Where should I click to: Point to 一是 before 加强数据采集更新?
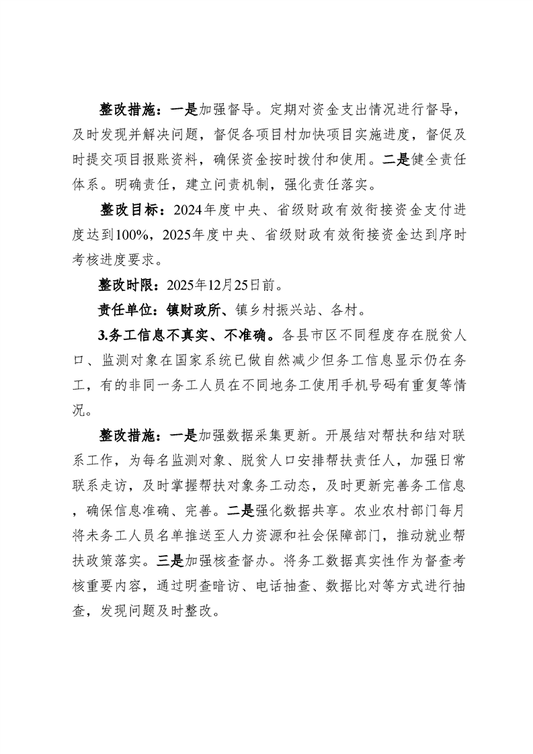(184, 435)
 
